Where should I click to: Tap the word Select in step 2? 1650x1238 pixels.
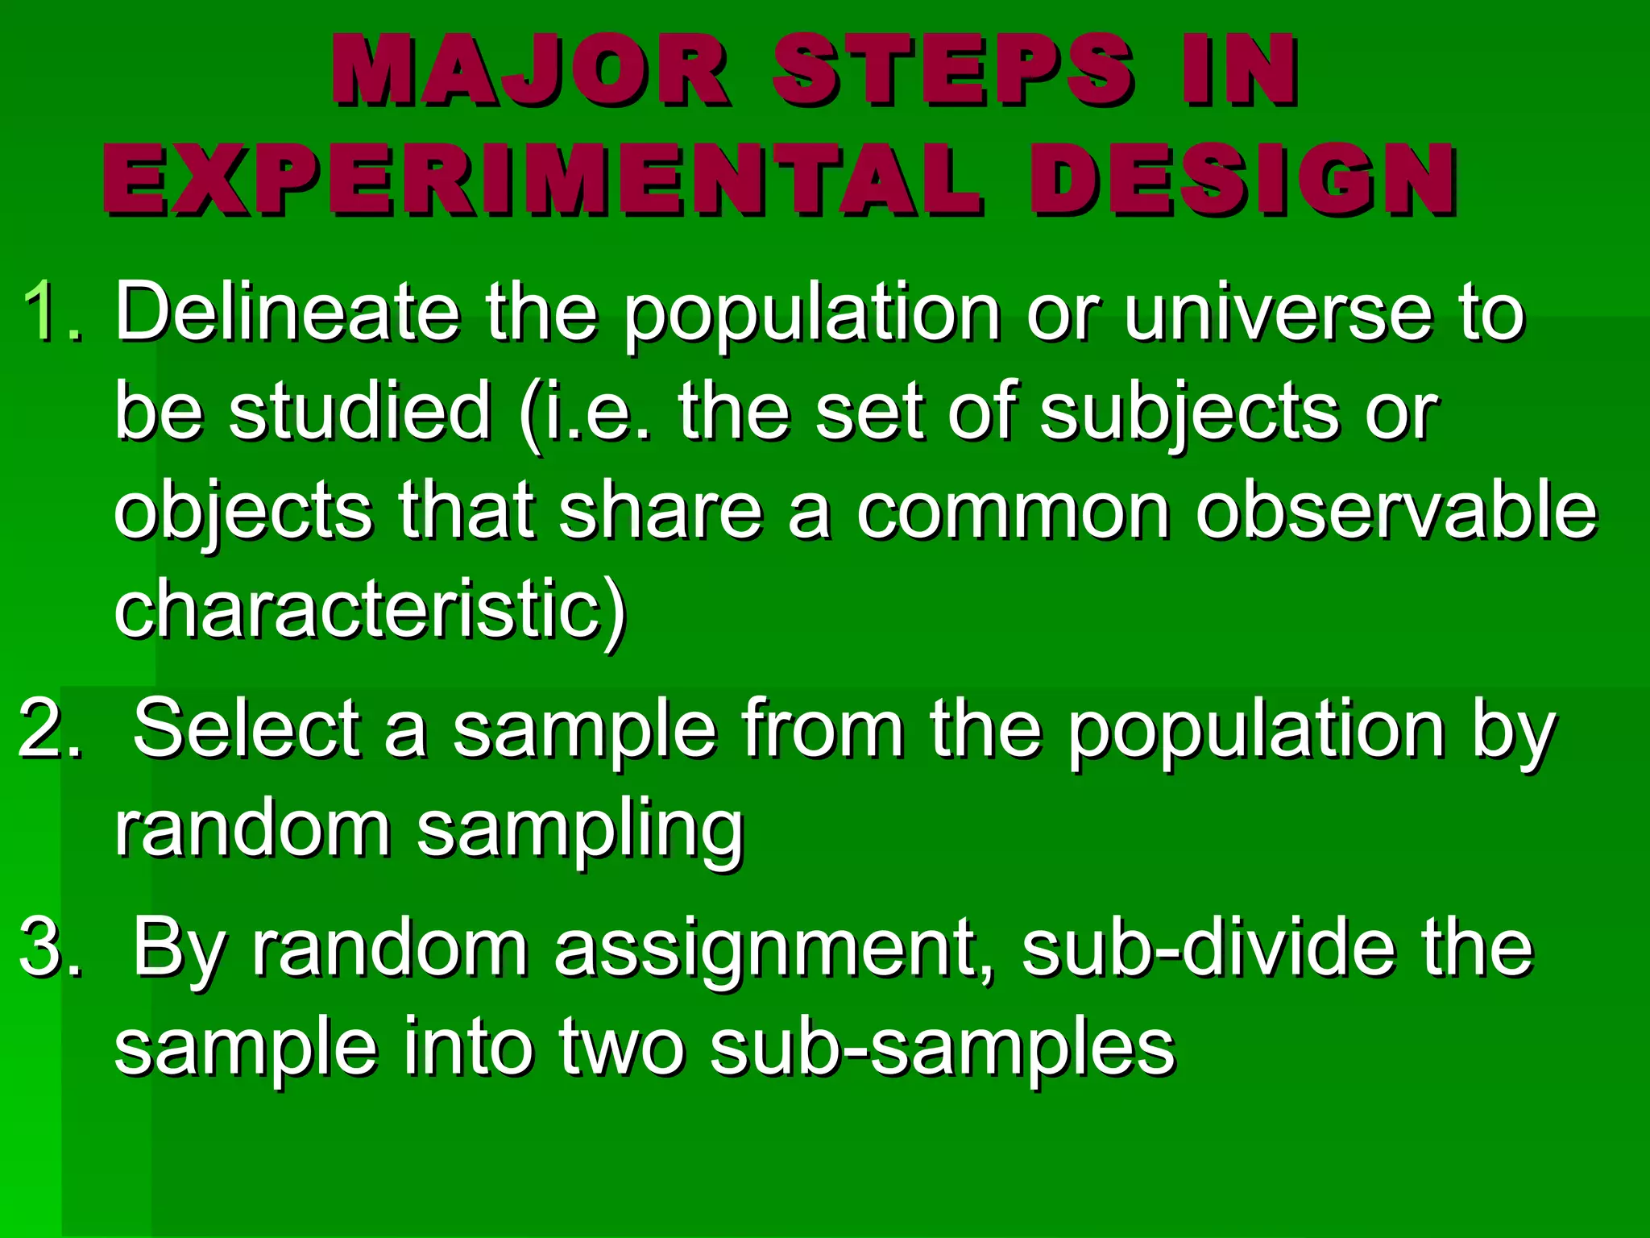pos(246,730)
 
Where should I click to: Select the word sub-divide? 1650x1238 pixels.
pos(1208,948)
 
